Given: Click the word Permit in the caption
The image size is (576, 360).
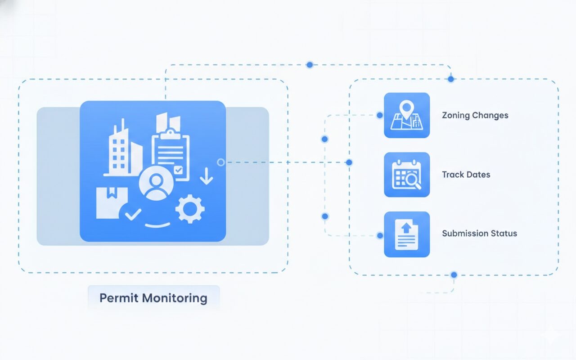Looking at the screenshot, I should click(118, 298).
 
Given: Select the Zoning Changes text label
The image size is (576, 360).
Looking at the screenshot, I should click(475, 115).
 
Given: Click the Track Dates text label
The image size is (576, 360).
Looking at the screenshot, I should click(466, 175).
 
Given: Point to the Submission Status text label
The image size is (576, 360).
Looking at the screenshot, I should click(479, 234).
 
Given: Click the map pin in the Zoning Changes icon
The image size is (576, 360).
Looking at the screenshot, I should click(407, 109).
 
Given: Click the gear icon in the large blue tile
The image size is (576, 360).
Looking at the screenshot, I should click(190, 209).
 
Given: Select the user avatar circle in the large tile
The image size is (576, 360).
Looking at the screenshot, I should click(156, 184).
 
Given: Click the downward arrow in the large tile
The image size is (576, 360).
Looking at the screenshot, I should click(206, 176).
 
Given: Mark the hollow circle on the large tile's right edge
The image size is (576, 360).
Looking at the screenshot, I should click(220, 162).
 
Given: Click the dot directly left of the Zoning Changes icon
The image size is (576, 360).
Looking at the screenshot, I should click(379, 115).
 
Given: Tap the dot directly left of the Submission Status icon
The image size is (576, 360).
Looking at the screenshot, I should click(380, 235).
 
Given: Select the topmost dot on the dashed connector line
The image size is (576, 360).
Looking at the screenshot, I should click(309, 65).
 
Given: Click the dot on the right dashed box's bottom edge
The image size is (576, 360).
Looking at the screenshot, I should click(454, 274).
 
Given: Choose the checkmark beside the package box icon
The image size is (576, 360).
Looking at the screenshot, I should click(133, 214).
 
